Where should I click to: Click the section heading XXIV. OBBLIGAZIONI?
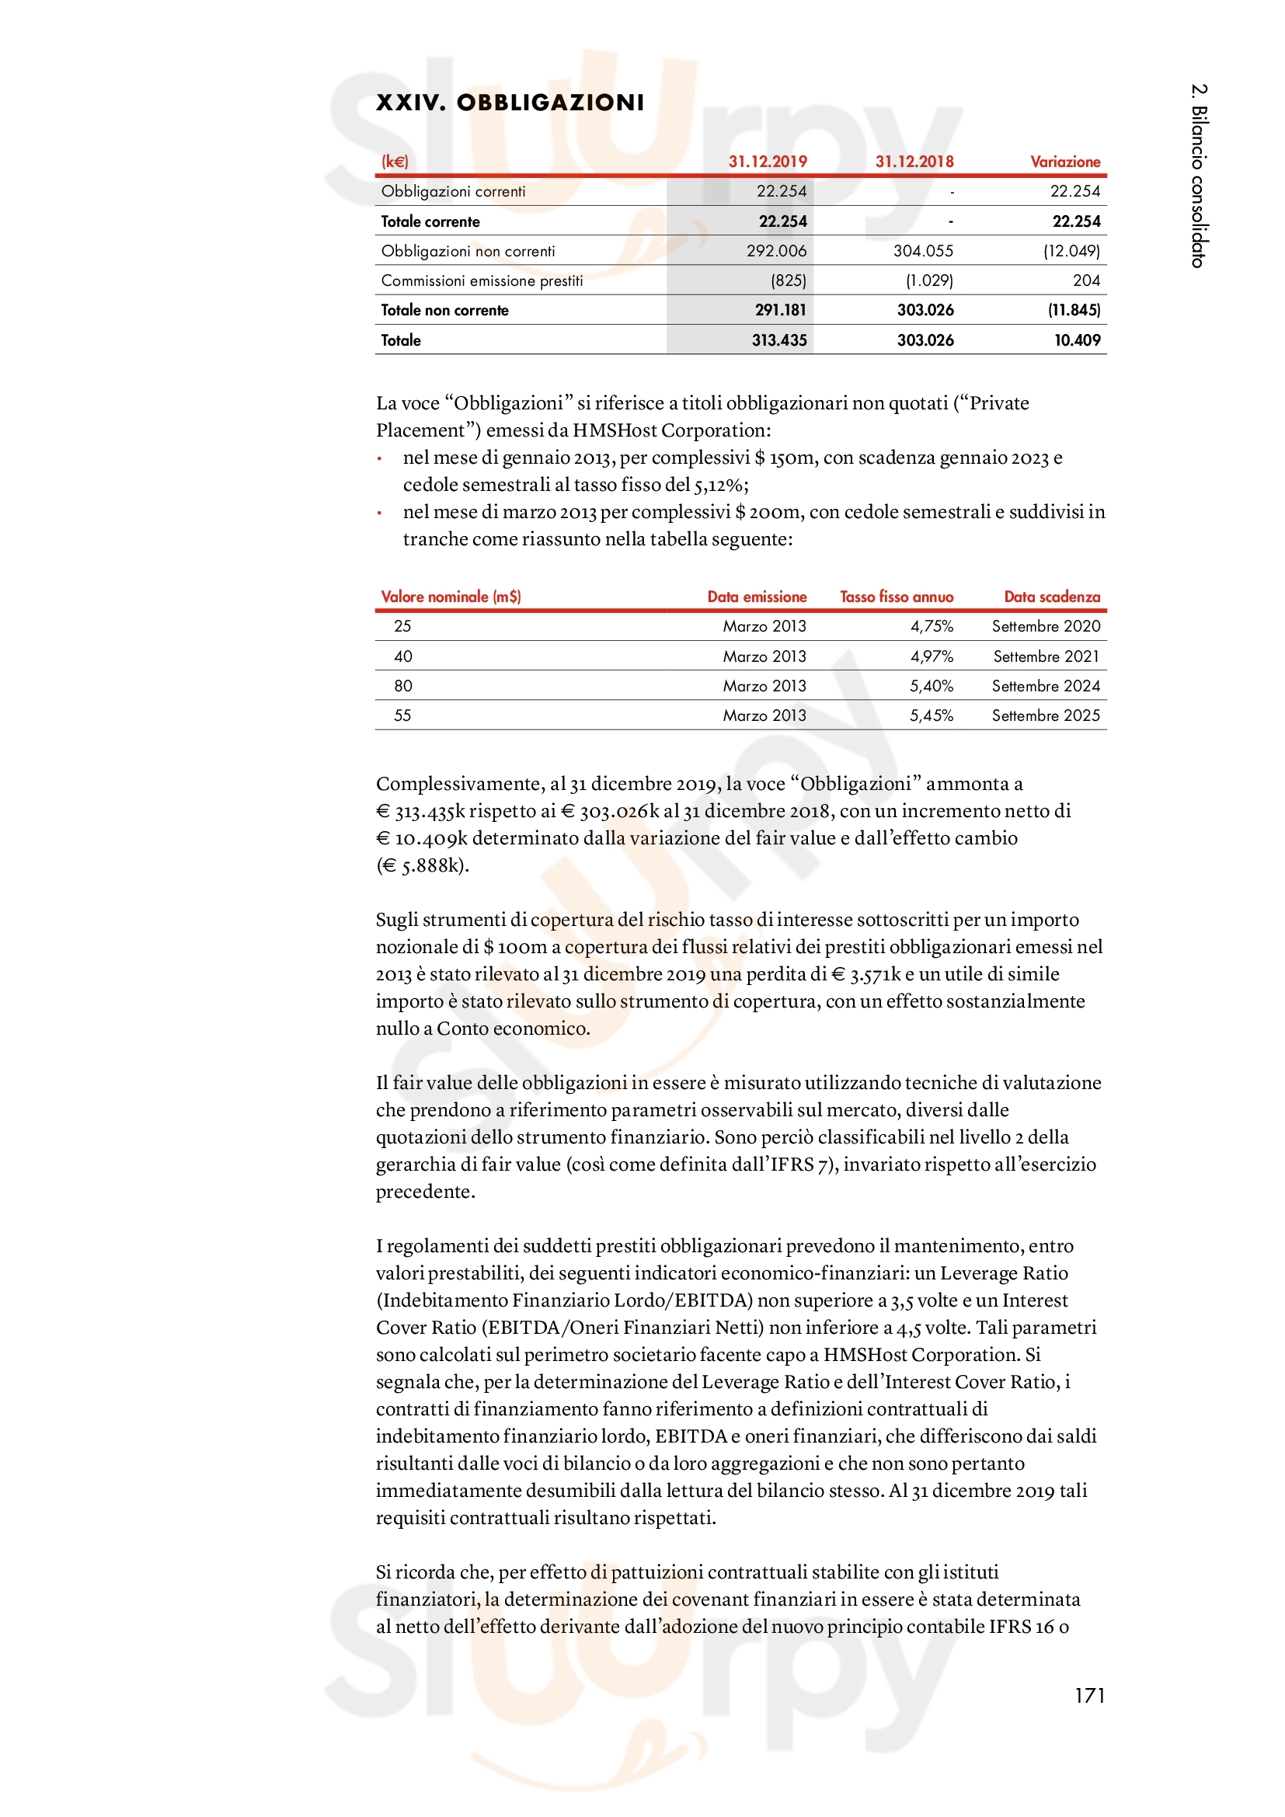point(510,103)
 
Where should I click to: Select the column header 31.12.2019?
point(767,162)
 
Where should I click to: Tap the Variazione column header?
point(1064,162)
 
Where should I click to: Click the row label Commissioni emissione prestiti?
point(482,281)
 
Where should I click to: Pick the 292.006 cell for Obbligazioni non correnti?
point(776,251)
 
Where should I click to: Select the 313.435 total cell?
point(778,340)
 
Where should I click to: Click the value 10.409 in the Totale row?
point(1077,340)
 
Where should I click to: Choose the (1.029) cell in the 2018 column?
point(929,281)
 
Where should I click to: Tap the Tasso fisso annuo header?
point(896,597)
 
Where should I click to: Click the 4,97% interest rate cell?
point(932,656)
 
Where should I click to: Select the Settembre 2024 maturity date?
point(1045,686)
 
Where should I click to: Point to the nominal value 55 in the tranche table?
point(402,715)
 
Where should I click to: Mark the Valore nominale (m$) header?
point(451,597)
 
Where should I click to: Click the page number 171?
point(1088,1695)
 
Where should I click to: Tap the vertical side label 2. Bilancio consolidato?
point(1198,175)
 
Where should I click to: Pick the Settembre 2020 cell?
point(1045,626)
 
